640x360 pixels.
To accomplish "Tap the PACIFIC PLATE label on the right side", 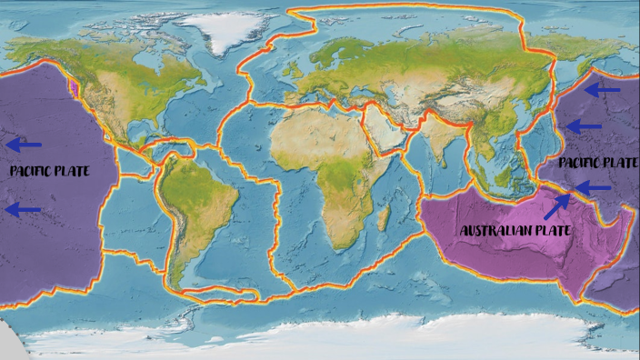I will coord(597,163).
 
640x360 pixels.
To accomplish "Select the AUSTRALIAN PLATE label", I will coord(515,231).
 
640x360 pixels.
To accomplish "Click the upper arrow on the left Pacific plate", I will coord(26,144).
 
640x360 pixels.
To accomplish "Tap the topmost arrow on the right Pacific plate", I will coord(603,89).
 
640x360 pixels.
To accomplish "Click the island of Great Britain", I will coord(283,80).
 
